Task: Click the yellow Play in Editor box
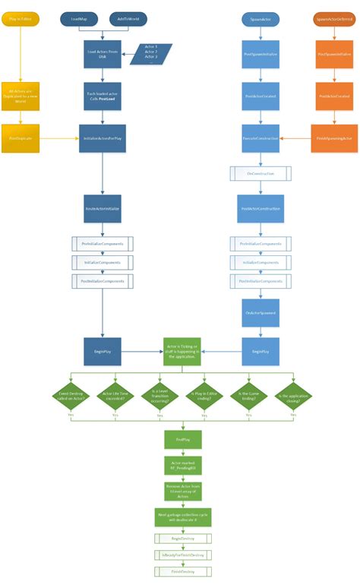click(20, 17)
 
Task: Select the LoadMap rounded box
click(78, 17)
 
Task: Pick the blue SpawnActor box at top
click(259, 17)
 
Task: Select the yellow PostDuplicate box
click(20, 138)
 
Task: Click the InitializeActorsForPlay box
click(102, 138)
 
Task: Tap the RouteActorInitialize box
click(102, 207)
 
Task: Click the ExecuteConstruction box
click(259, 138)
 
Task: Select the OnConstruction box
click(259, 174)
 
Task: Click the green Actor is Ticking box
click(182, 352)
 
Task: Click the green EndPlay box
click(182, 439)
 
